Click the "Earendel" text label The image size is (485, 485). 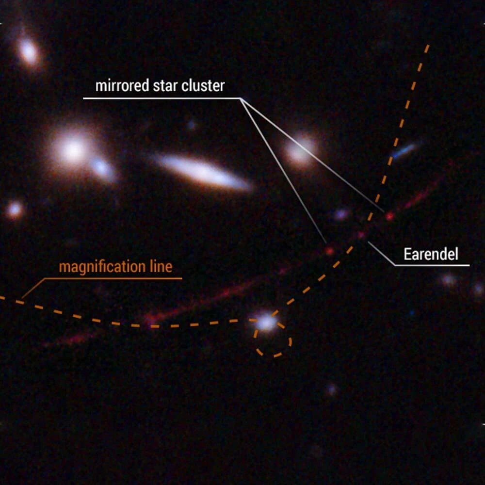[x=431, y=254]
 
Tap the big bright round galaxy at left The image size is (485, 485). [x=73, y=150]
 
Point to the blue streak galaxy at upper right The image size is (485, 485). [x=404, y=150]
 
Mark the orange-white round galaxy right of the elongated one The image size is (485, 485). [x=301, y=150]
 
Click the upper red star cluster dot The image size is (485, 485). [x=389, y=216]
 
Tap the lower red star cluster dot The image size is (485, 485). [x=330, y=251]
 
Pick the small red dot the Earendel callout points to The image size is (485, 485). [x=361, y=235]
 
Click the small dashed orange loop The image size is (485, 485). [x=275, y=344]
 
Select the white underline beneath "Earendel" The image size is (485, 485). [x=432, y=265]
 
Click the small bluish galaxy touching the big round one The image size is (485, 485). [x=102, y=167]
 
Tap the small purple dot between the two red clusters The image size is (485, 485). [x=341, y=213]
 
